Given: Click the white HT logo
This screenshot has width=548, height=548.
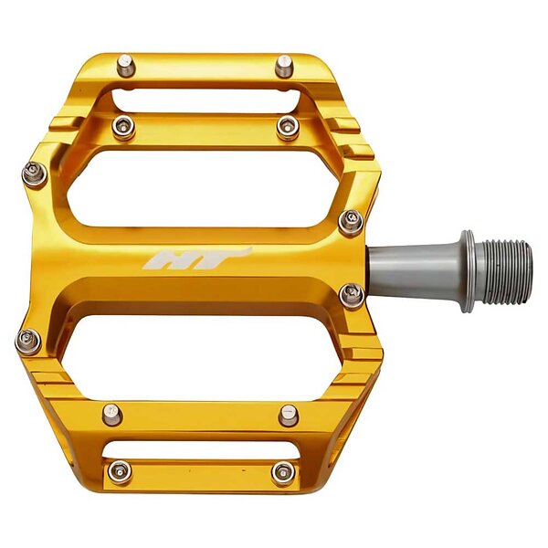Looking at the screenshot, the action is click(x=195, y=259).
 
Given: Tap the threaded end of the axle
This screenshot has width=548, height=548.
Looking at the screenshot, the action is click(x=503, y=271).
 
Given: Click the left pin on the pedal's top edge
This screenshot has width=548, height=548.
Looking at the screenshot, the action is click(x=126, y=66).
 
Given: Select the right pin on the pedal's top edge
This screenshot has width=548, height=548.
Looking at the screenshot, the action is click(x=284, y=67).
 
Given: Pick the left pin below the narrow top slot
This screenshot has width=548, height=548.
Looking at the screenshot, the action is click(x=123, y=127).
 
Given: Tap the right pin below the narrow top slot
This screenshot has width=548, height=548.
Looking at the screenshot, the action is click(x=288, y=128).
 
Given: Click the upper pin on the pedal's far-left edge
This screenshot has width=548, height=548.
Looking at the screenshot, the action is click(x=35, y=174).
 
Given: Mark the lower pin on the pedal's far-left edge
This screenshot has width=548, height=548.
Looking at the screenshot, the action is click(x=28, y=342).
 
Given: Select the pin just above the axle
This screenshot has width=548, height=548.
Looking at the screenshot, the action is click(x=351, y=223).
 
